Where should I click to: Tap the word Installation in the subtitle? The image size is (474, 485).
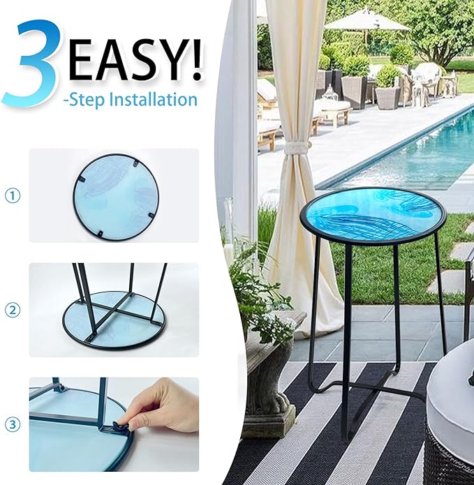(154, 100)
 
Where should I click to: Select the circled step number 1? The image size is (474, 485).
(13, 196)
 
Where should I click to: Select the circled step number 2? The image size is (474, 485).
(13, 310)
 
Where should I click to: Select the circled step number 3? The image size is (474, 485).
(13, 424)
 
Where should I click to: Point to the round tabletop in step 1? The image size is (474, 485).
(117, 197)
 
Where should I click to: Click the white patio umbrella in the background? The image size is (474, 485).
(367, 20)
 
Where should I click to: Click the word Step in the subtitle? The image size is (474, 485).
(87, 100)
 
